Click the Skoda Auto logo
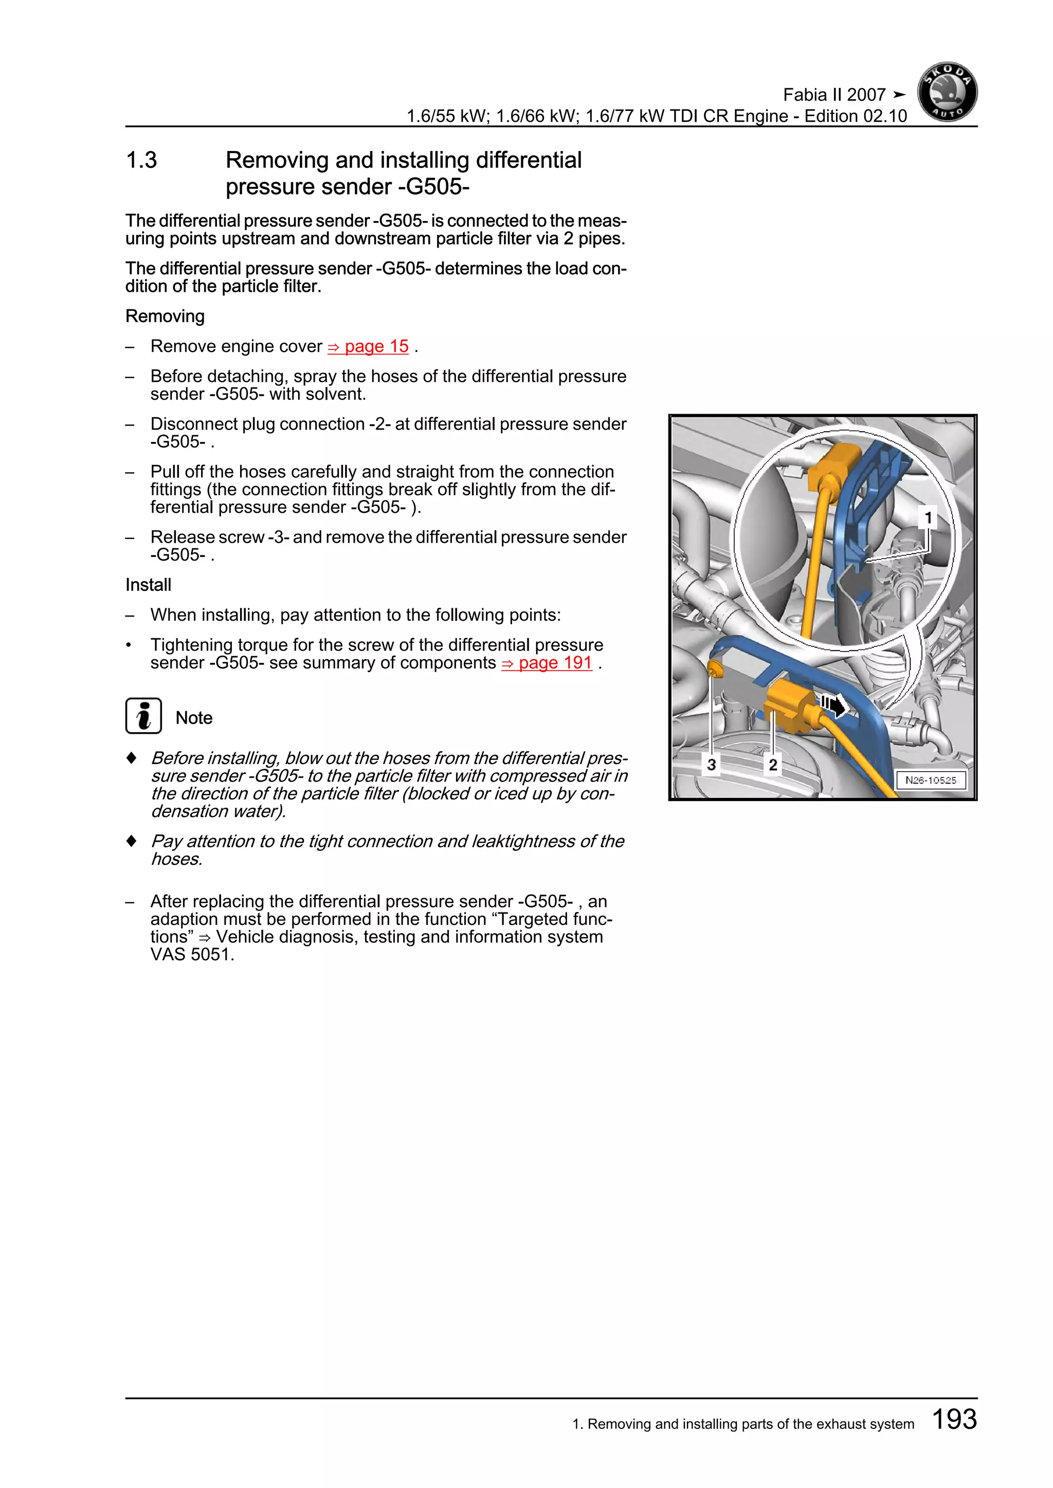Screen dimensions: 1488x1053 coord(947,92)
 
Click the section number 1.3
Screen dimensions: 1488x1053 coord(141,160)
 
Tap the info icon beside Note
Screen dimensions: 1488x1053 coord(143,716)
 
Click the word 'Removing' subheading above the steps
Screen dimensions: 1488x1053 coord(165,317)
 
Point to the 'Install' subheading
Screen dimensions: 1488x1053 coord(148,585)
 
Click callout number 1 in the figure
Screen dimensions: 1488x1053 coord(928,518)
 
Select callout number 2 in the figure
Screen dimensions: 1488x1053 coord(772,765)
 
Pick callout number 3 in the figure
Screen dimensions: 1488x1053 coord(711,765)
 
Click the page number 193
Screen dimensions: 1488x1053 coord(954,1419)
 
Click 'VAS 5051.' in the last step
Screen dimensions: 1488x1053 coord(192,955)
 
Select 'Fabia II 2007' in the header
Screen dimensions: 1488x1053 coord(834,95)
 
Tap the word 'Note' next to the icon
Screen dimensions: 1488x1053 coord(194,718)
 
